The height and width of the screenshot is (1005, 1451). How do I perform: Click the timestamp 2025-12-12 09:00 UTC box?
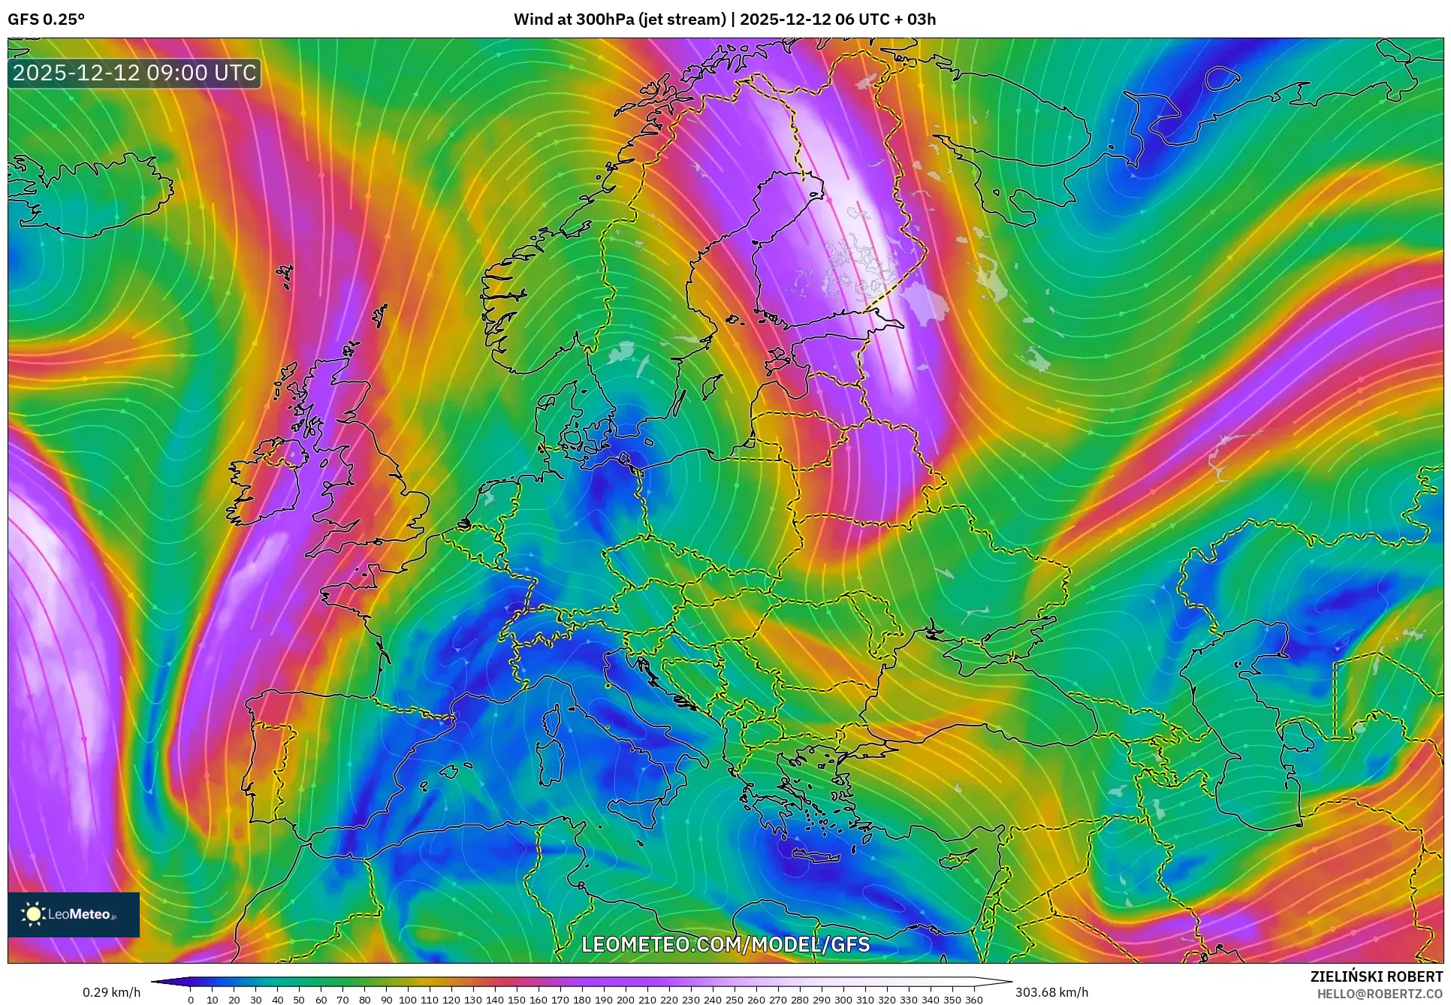[134, 73]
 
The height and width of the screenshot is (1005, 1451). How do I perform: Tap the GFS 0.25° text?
[46, 20]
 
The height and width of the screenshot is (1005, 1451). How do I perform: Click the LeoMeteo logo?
[73, 914]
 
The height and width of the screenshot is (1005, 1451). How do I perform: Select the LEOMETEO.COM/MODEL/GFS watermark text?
[725, 944]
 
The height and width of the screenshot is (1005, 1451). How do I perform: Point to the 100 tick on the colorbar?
[408, 1000]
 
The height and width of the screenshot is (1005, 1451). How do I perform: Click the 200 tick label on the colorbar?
[625, 1000]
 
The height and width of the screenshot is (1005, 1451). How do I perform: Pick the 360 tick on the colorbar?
[973, 1000]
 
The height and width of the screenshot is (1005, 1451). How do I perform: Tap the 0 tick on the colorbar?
[191, 1000]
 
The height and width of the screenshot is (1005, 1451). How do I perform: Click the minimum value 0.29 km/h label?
[111, 992]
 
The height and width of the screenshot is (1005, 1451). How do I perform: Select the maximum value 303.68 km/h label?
[1051, 992]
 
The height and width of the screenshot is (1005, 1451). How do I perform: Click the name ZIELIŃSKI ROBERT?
[1376, 976]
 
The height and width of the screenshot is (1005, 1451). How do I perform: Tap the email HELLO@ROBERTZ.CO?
[1380, 994]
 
